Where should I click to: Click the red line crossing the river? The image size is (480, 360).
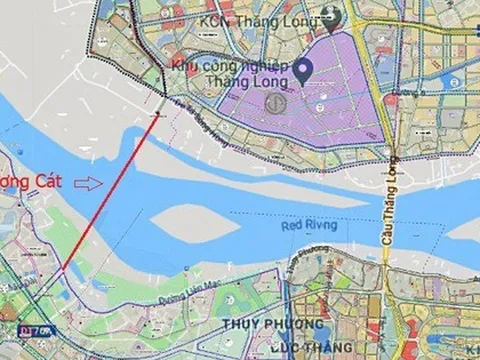110,192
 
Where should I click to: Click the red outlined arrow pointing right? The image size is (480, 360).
89,183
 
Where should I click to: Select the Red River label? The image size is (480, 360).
309,226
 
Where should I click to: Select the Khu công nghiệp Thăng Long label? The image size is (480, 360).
229,73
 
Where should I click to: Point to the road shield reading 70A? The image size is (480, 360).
39,331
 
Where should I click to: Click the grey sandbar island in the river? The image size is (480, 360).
196,222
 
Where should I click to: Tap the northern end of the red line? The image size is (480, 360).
159,115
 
